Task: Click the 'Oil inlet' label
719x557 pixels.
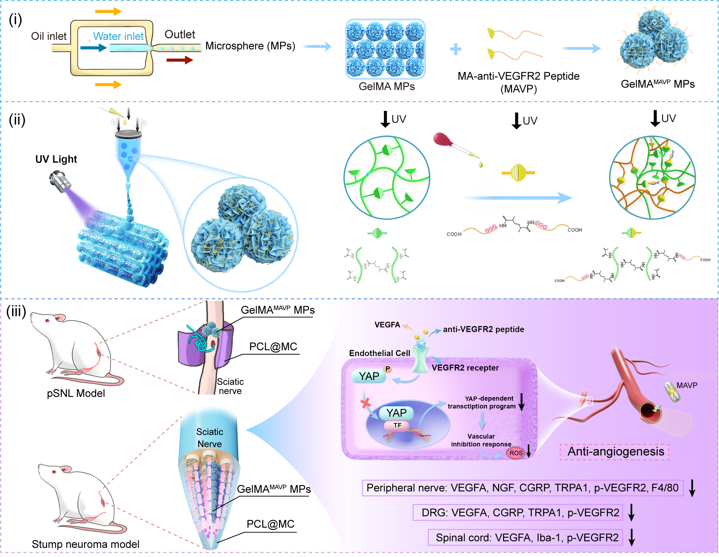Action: click(x=49, y=36)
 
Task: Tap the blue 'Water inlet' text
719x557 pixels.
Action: click(x=118, y=36)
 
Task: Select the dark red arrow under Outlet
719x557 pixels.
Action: click(x=179, y=60)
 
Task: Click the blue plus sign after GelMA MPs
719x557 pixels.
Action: click(x=455, y=49)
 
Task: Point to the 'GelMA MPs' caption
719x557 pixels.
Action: click(x=386, y=86)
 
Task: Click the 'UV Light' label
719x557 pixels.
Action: click(x=56, y=159)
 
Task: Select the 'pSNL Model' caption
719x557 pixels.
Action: click(x=76, y=393)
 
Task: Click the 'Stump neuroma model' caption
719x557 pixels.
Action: click(x=86, y=544)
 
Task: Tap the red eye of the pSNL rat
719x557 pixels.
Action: click(x=47, y=321)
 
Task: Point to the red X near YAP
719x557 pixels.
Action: click(x=366, y=403)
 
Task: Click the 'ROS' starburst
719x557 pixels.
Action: click(x=516, y=453)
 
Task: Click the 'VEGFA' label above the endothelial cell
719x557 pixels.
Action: click(x=387, y=325)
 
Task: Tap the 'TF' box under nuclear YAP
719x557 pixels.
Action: click(x=397, y=425)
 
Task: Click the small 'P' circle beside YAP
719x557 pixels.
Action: click(x=387, y=369)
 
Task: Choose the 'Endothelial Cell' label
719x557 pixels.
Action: click(x=379, y=353)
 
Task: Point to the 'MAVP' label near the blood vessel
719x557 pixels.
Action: click(x=687, y=385)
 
